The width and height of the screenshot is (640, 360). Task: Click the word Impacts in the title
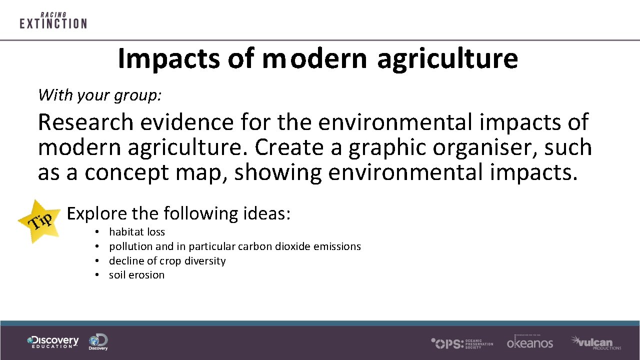168,58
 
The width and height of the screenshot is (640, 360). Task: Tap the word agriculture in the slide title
447,58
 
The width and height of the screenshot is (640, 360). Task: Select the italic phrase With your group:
100,94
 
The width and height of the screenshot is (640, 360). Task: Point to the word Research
86,122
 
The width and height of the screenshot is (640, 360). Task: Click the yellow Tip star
38,220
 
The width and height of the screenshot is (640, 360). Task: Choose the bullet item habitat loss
136,232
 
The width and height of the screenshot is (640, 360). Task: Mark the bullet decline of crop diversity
167,261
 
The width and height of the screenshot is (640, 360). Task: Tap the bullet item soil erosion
136,275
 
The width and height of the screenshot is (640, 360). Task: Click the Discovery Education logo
53,342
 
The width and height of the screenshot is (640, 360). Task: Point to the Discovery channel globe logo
98,342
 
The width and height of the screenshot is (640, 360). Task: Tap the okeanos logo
530,342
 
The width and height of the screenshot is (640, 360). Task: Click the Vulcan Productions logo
595,342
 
